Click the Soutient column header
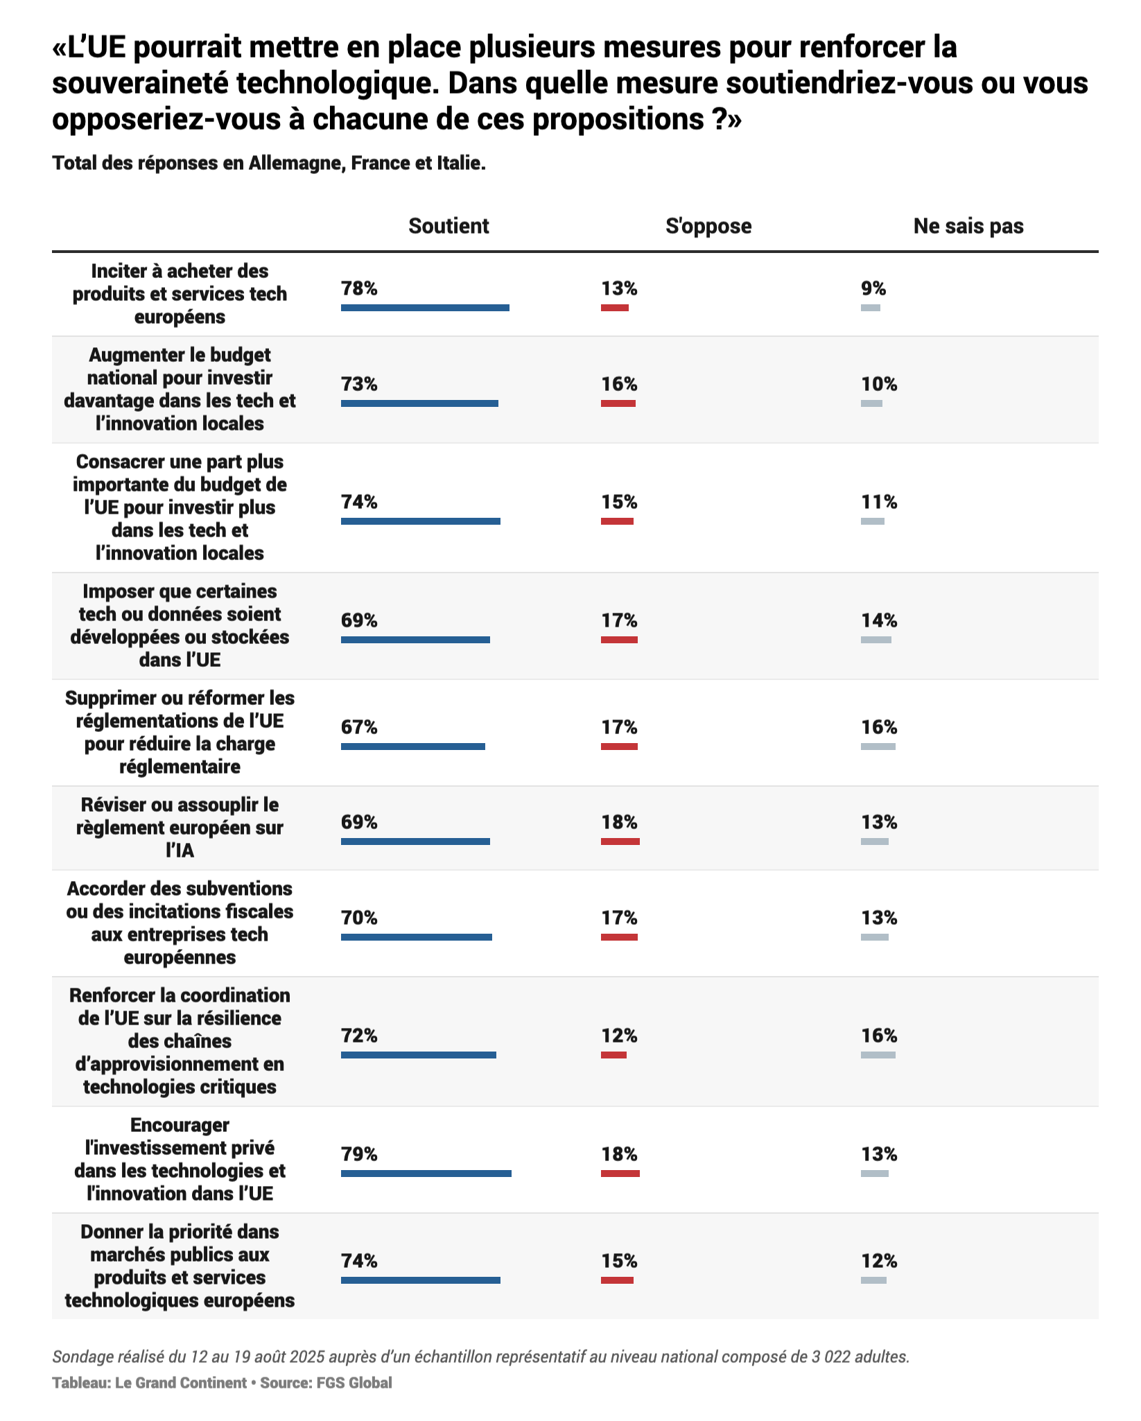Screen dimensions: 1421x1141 point(448,226)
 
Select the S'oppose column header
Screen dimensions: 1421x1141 point(708,226)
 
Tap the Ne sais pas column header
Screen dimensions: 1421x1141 point(968,226)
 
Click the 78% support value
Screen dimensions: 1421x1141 point(359,288)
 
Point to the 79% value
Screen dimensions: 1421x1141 point(359,1154)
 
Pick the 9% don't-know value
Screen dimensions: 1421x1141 point(873,288)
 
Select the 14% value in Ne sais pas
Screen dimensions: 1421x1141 point(879,620)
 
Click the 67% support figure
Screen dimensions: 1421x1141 point(359,727)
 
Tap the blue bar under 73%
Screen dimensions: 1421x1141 point(419,403)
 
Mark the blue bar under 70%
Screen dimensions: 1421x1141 point(416,937)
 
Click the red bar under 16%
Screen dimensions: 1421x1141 point(618,403)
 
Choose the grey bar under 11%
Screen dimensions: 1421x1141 point(873,521)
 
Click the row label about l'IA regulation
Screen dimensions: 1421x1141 point(180,828)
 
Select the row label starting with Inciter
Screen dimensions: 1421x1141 point(180,294)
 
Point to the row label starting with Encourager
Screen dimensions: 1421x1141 point(180,1159)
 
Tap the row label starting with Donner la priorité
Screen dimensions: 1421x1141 point(180,1266)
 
